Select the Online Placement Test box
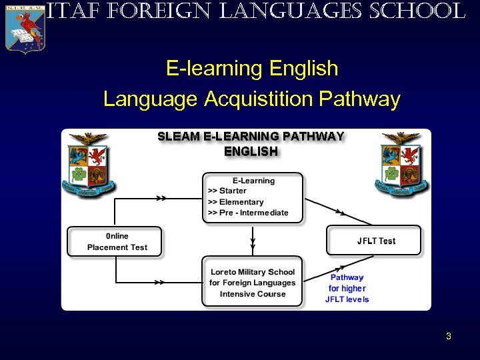tap(115, 241)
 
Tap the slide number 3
tap(449, 336)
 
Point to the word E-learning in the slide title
tap(215, 69)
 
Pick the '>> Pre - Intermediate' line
tap(248, 213)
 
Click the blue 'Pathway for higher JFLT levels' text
tap(347, 288)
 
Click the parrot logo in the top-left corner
tap(25, 27)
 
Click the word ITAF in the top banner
tap(65, 11)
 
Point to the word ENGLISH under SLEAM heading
tap(251, 151)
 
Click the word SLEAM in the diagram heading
tap(178, 137)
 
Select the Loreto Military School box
tap(252, 282)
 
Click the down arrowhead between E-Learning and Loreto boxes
tap(253, 242)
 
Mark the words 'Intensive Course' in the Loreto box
tap(253, 294)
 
